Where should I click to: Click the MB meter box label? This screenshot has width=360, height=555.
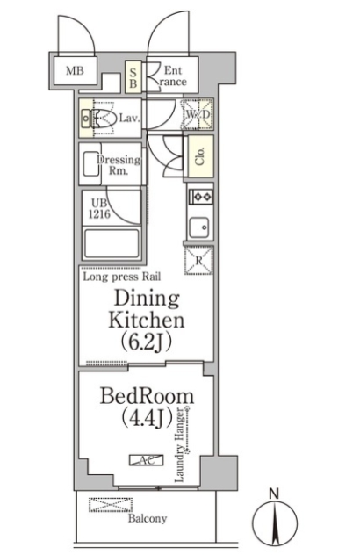(x=75, y=71)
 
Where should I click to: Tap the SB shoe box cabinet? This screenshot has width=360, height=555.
(x=133, y=77)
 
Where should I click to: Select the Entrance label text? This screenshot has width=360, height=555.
(x=171, y=76)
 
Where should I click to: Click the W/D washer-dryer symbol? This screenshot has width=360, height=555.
(x=198, y=114)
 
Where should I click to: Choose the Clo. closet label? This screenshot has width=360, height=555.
(x=200, y=156)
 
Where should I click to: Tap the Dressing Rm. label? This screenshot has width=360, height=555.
(x=119, y=164)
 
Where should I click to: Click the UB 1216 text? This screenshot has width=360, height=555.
(x=99, y=208)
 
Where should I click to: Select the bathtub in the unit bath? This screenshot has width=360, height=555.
(x=112, y=244)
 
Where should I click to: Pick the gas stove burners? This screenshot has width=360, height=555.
(x=201, y=197)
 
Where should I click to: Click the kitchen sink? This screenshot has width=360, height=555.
(x=199, y=227)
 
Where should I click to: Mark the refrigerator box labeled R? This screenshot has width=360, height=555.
(x=198, y=261)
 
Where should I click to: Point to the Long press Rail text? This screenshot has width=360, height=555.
(x=122, y=277)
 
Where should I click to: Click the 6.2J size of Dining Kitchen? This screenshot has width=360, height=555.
(x=147, y=342)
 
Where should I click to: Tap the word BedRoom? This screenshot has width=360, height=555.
(x=147, y=396)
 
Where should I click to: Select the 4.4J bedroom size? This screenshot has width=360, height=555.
(x=147, y=418)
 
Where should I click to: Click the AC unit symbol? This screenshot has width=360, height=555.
(x=146, y=460)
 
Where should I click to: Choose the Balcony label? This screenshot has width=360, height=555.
(x=148, y=518)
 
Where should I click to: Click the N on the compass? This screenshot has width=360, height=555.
(x=274, y=493)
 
